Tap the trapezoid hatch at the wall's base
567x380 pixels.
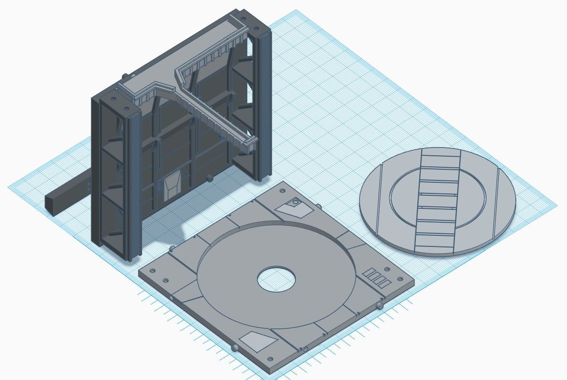point(171,187)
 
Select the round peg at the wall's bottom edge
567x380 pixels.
point(209,178)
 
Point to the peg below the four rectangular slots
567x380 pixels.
point(381,306)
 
